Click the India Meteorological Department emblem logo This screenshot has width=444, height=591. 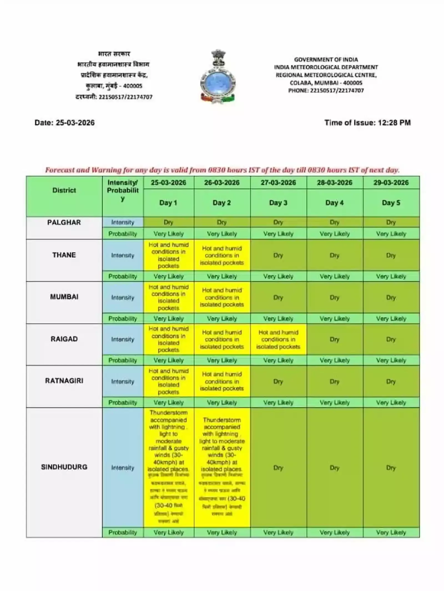[218, 77]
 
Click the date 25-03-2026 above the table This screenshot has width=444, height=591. [64, 123]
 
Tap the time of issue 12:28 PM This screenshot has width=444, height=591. [367, 123]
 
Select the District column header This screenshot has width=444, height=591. [64, 190]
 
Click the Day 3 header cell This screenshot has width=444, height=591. [278, 203]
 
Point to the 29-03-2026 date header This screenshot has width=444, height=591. [391, 183]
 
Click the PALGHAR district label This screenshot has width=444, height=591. [64, 222]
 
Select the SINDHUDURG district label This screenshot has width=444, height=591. [64, 467]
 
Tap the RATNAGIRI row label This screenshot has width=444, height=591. [64, 381]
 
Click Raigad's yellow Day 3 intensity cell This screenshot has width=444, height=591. [278, 339]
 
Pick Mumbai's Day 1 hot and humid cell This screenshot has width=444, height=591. [168, 297]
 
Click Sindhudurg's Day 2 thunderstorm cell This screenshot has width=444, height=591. [222, 467]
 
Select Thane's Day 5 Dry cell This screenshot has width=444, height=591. [391, 255]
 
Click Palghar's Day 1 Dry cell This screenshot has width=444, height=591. [168, 222]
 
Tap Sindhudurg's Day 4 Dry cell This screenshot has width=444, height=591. [334, 467]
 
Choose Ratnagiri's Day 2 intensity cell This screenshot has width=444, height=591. [222, 381]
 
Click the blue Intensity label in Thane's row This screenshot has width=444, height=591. [123, 255]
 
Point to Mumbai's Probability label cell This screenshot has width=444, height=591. [123, 318]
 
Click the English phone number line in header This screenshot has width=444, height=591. [326, 90]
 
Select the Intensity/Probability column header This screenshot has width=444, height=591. [123, 190]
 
